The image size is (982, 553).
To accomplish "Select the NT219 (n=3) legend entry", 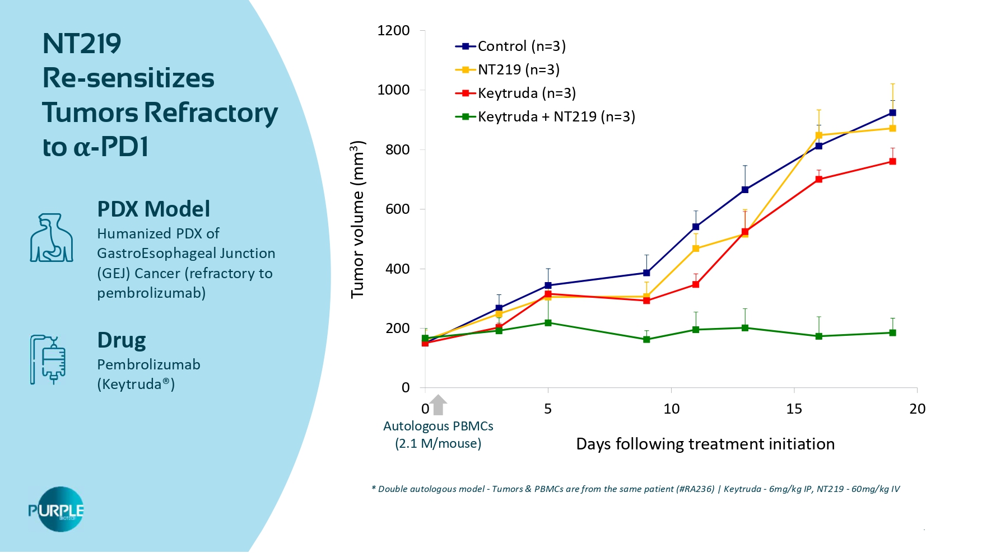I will tap(507, 69).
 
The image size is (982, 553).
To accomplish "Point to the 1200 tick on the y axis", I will tap(393, 30).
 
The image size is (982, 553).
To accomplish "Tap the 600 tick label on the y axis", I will tap(397, 209).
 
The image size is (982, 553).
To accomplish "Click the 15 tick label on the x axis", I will tap(794, 409).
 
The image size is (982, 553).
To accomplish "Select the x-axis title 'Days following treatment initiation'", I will tap(705, 444).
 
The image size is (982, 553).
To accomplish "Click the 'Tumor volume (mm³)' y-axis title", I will tap(357, 219).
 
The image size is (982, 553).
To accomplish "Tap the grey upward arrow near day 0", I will tap(438, 405).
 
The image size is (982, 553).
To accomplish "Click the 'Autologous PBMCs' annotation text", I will tap(438, 426).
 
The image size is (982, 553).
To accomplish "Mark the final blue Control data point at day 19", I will tap(892, 113).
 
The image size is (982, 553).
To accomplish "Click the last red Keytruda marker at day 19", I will tap(892, 161).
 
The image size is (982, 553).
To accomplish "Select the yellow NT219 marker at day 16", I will tap(818, 135).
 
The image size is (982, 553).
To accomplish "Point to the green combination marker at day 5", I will tap(548, 323).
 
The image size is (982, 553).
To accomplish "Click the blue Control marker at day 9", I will tap(646, 273).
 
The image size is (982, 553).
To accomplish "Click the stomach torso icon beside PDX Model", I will tap(51, 238).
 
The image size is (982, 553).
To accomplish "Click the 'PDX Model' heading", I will tap(153, 209).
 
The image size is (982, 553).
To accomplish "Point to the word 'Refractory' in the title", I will tap(211, 113).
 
